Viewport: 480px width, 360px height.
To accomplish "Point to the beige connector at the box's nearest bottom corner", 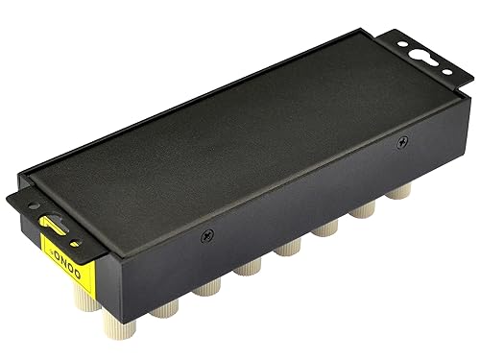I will pyautogui.click(x=159, y=312).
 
